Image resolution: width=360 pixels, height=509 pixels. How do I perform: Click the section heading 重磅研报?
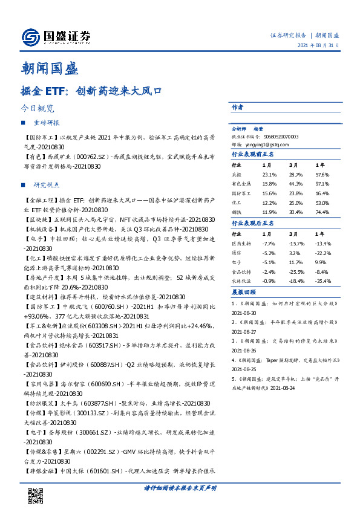pyautogui.click(x=46, y=122)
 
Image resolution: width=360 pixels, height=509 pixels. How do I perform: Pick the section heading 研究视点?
pyautogui.click(x=46, y=184)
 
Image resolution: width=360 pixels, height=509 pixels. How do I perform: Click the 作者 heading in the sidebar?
pyautogui.click(x=237, y=108)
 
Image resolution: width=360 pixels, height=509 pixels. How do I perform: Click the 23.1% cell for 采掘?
pyautogui.click(x=269, y=173)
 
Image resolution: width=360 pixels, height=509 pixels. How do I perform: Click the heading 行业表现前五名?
pyautogui.click(x=253, y=154)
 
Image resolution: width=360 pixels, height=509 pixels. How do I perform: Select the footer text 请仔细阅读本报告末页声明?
pyautogui.click(x=179, y=488)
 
